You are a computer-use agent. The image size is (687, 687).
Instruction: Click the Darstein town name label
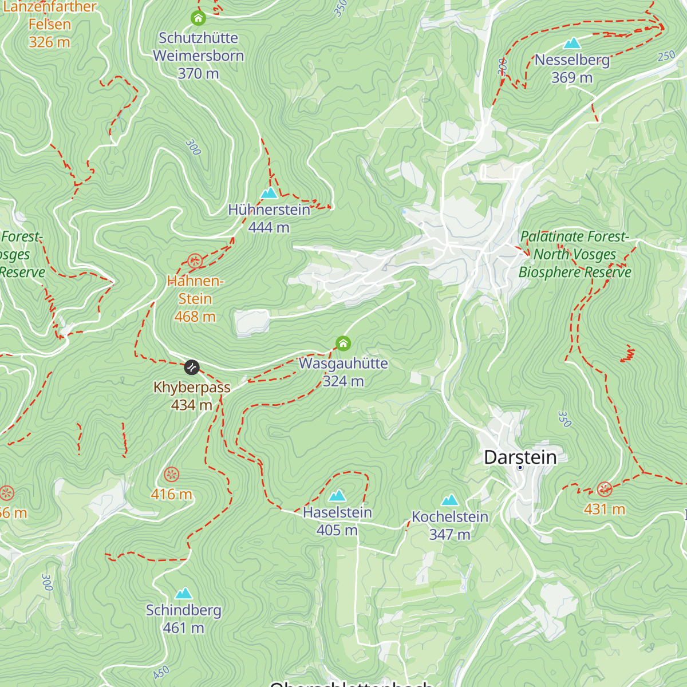(520, 457)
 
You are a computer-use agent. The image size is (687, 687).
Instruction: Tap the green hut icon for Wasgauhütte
(343, 343)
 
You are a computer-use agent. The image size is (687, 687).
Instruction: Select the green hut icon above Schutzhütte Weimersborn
(198, 18)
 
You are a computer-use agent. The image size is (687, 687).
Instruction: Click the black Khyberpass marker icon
(192, 366)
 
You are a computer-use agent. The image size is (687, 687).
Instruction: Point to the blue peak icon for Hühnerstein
(269, 193)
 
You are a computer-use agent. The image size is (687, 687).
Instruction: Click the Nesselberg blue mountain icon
(572, 44)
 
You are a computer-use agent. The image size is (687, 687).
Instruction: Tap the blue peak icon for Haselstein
(337, 495)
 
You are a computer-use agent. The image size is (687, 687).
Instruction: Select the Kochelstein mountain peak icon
(450, 500)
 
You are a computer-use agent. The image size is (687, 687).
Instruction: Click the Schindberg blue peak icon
(183, 593)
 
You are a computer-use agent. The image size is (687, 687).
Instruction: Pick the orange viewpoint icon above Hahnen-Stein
(195, 262)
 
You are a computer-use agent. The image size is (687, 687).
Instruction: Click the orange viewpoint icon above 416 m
(171, 475)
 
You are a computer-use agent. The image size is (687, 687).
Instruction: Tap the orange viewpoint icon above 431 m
(605, 489)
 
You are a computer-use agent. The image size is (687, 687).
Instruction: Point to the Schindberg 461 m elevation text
(183, 628)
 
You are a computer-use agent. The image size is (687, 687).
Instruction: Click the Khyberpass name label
(192, 388)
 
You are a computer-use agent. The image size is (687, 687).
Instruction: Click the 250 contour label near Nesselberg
(666, 56)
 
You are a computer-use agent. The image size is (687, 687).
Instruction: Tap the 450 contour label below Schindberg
(161, 672)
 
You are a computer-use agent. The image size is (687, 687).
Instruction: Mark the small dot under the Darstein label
(520, 468)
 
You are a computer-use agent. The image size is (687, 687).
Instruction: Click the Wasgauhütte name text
(343, 364)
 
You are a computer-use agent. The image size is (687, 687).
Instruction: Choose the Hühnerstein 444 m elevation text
(269, 228)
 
